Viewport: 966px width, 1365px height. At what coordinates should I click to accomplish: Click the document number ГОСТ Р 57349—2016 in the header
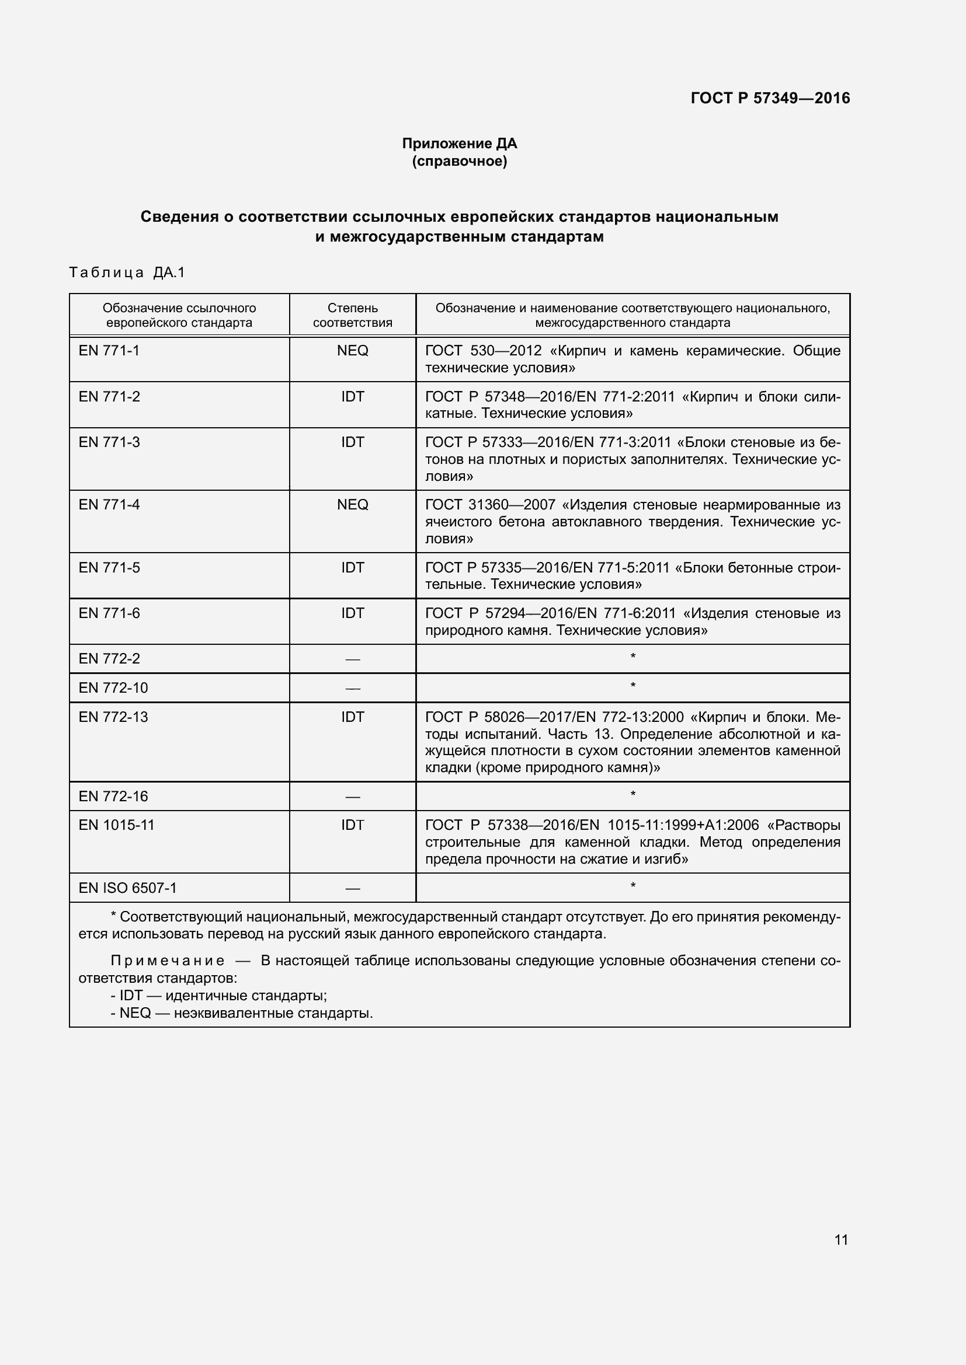coord(770,98)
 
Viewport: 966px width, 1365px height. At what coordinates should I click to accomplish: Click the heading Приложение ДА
coord(459,144)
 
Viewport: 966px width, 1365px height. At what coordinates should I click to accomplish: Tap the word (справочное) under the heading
coord(459,161)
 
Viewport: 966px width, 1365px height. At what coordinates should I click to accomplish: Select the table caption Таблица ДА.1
coord(127,273)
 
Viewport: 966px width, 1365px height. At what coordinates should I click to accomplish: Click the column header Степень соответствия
coord(352,315)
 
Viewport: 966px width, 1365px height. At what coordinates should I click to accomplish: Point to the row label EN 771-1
coord(109,351)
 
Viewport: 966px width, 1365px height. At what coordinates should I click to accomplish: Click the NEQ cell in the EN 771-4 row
coord(352,505)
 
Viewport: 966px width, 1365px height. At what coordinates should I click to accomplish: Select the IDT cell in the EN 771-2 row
coord(352,396)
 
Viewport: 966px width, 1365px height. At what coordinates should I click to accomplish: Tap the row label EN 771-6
coord(109,613)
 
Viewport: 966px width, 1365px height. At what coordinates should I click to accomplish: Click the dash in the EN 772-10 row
coord(352,689)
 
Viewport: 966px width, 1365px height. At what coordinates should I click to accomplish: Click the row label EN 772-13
coord(113,717)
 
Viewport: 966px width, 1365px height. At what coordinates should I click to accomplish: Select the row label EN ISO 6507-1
coord(127,888)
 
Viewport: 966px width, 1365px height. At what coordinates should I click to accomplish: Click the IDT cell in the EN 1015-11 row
coord(352,825)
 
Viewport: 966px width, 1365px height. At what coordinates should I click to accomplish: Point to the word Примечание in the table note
coord(168,961)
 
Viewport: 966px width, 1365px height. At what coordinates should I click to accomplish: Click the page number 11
coord(840,1240)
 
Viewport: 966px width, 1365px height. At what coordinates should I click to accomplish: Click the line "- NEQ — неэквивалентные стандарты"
coord(242,1013)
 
